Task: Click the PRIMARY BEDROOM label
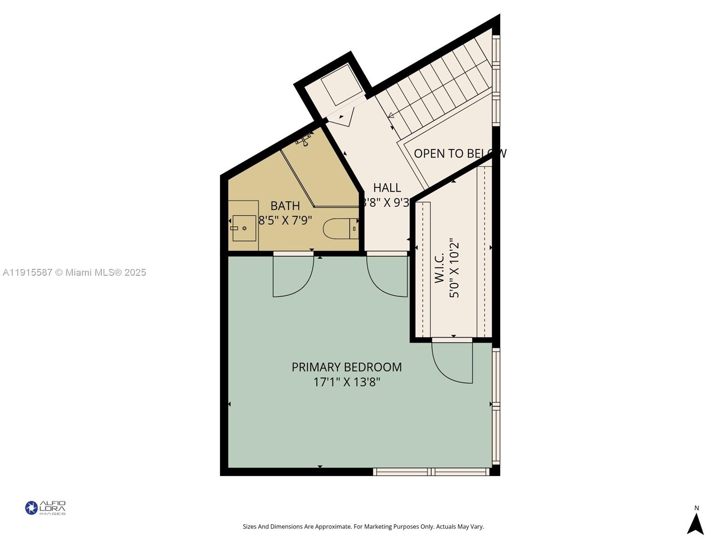(346, 367)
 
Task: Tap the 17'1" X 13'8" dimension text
(346, 382)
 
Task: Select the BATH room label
(285, 206)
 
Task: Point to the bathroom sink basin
(244, 228)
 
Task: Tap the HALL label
(387, 188)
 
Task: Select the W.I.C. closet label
(439, 268)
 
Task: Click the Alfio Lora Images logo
(45, 508)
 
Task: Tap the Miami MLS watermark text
(74, 272)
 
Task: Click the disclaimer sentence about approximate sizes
(363, 527)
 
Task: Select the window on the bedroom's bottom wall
(431, 472)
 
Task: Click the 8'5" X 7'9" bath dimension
(285, 221)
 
